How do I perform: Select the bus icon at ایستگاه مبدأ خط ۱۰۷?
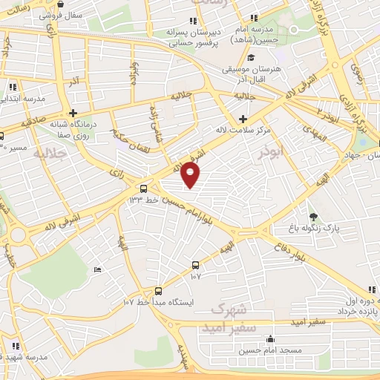click(158, 291)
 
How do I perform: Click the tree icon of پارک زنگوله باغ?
click(314, 217)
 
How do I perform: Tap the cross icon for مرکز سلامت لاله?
click(243, 119)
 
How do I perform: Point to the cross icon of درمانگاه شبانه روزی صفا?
click(73, 113)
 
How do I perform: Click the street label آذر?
click(72, 79)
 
